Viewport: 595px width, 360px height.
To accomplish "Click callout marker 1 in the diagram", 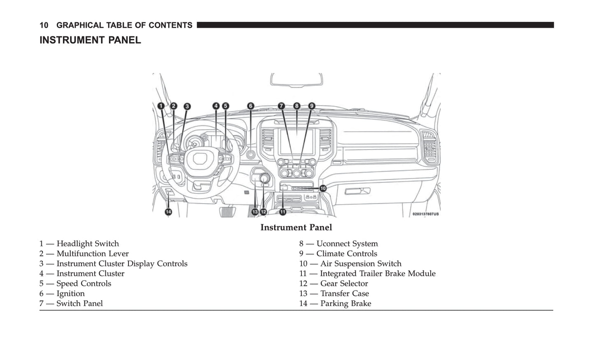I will (x=161, y=106).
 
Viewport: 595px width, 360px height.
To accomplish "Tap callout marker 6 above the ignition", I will (x=251, y=106).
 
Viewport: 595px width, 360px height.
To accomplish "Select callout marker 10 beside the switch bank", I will (x=323, y=188).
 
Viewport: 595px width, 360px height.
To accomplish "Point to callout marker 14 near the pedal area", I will (x=168, y=212).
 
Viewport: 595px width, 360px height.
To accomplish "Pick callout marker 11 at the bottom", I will (x=283, y=212).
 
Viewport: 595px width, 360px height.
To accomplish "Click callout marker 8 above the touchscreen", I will (x=297, y=106).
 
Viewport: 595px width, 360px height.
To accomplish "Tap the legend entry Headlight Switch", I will (x=79, y=244).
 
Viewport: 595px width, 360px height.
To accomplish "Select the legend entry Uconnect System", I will (x=338, y=244).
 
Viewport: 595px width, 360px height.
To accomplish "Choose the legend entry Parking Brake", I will (x=335, y=304).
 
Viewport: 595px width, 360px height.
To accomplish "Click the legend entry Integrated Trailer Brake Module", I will (x=367, y=274).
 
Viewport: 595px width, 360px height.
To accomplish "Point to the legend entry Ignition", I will (x=62, y=294).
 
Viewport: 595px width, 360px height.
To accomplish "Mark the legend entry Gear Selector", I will (x=334, y=283).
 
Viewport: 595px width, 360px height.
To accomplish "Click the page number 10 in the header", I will (x=44, y=26).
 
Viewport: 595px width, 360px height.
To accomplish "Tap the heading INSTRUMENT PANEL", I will (x=90, y=40).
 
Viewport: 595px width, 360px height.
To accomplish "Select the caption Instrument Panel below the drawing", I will (x=296, y=227).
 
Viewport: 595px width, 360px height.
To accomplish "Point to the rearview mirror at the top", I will (x=296, y=80).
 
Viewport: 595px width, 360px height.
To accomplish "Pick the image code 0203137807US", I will (x=425, y=214).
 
